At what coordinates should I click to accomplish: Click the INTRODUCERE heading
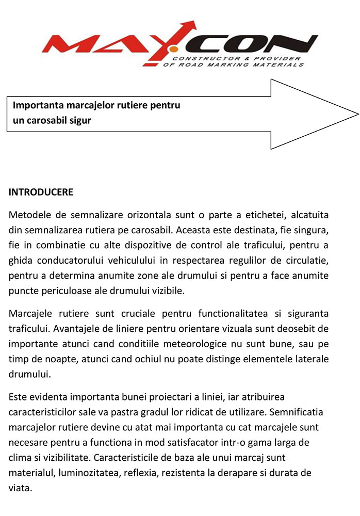[41, 192]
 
